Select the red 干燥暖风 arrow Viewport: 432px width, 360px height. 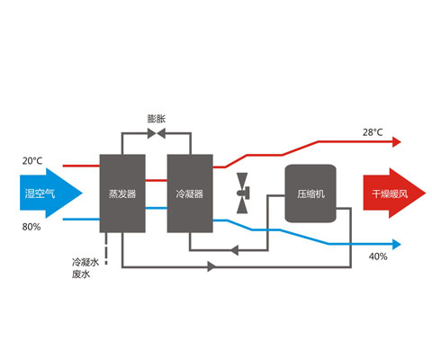pyautogui.click(x=394, y=193)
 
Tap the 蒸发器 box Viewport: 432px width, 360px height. pyautogui.click(x=122, y=193)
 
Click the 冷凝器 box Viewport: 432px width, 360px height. pyautogui.click(x=190, y=193)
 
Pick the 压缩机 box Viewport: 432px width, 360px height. pyautogui.click(x=310, y=193)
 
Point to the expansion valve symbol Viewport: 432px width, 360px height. pyautogui.click(x=157, y=133)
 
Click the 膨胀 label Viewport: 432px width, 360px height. pyautogui.click(x=157, y=119)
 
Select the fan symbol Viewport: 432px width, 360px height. pyautogui.click(x=243, y=193)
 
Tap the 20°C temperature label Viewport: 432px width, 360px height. pyautogui.click(x=32, y=161)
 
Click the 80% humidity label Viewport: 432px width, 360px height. pyautogui.click(x=31, y=227)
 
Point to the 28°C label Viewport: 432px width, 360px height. pyautogui.click(x=373, y=132)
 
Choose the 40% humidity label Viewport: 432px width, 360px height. pyautogui.click(x=378, y=256)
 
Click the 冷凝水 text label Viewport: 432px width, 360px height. pyautogui.click(x=85, y=262)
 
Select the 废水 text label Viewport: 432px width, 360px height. pyautogui.click(x=81, y=274)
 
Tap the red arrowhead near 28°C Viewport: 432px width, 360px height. pyautogui.click(x=397, y=141)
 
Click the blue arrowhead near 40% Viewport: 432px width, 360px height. pyautogui.click(x=397, y=244)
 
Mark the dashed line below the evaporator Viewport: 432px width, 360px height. pyautogui.click(x=106, y=248)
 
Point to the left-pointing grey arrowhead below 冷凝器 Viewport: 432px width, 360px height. pyautogui.click(x=234, y=250)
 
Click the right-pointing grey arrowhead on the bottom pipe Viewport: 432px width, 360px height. pyautogui.click(x=212, y=266)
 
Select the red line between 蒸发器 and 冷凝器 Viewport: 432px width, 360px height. pyautogui.click(x=157, y=180)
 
